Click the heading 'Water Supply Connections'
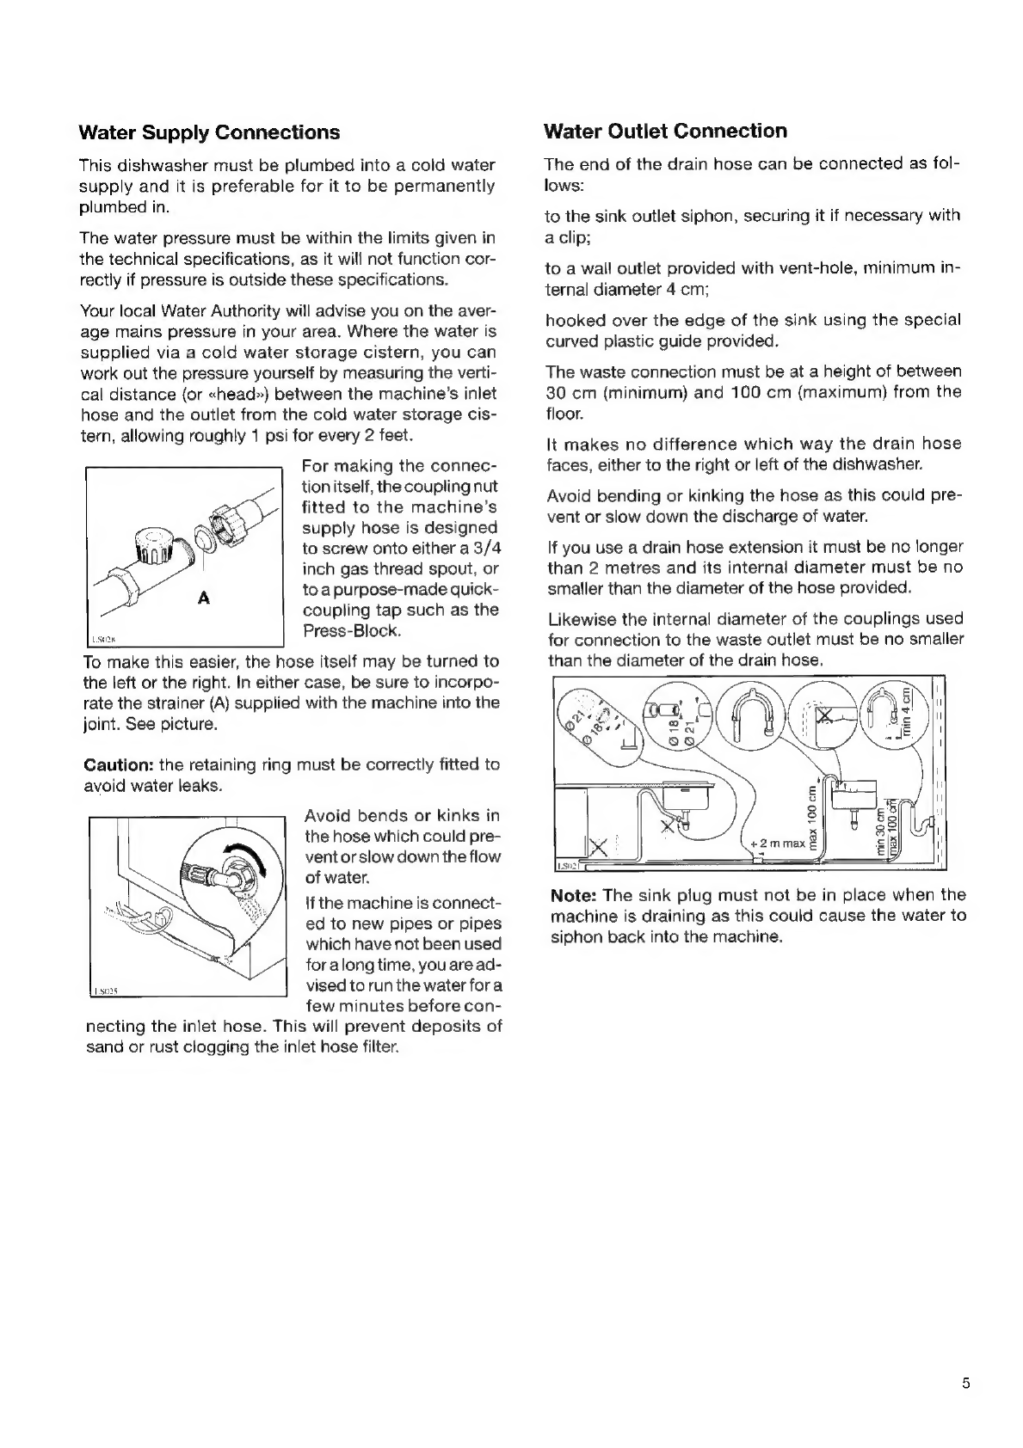pyautogui.click(x=209, y=132)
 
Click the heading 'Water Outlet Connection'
pyautogui.click(x=665, y=132)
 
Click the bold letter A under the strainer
pyautogui.click(x=204, y=598)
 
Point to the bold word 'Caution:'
pyautogui.click(x=119, y=764)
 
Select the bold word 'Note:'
pyautogui.click(x=574, y=895)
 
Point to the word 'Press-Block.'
pyautogui.click(x=352, y=631)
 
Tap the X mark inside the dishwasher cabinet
pyautogui.click(x=597, y=846)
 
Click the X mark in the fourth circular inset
pyautogui.click(x=825, y=715)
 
